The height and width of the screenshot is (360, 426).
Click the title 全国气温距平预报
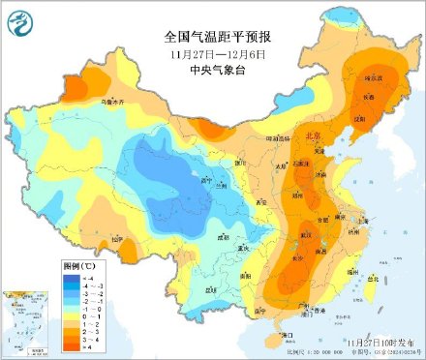(x=216, y=36)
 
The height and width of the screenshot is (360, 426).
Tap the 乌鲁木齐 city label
(x=89, y=101)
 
